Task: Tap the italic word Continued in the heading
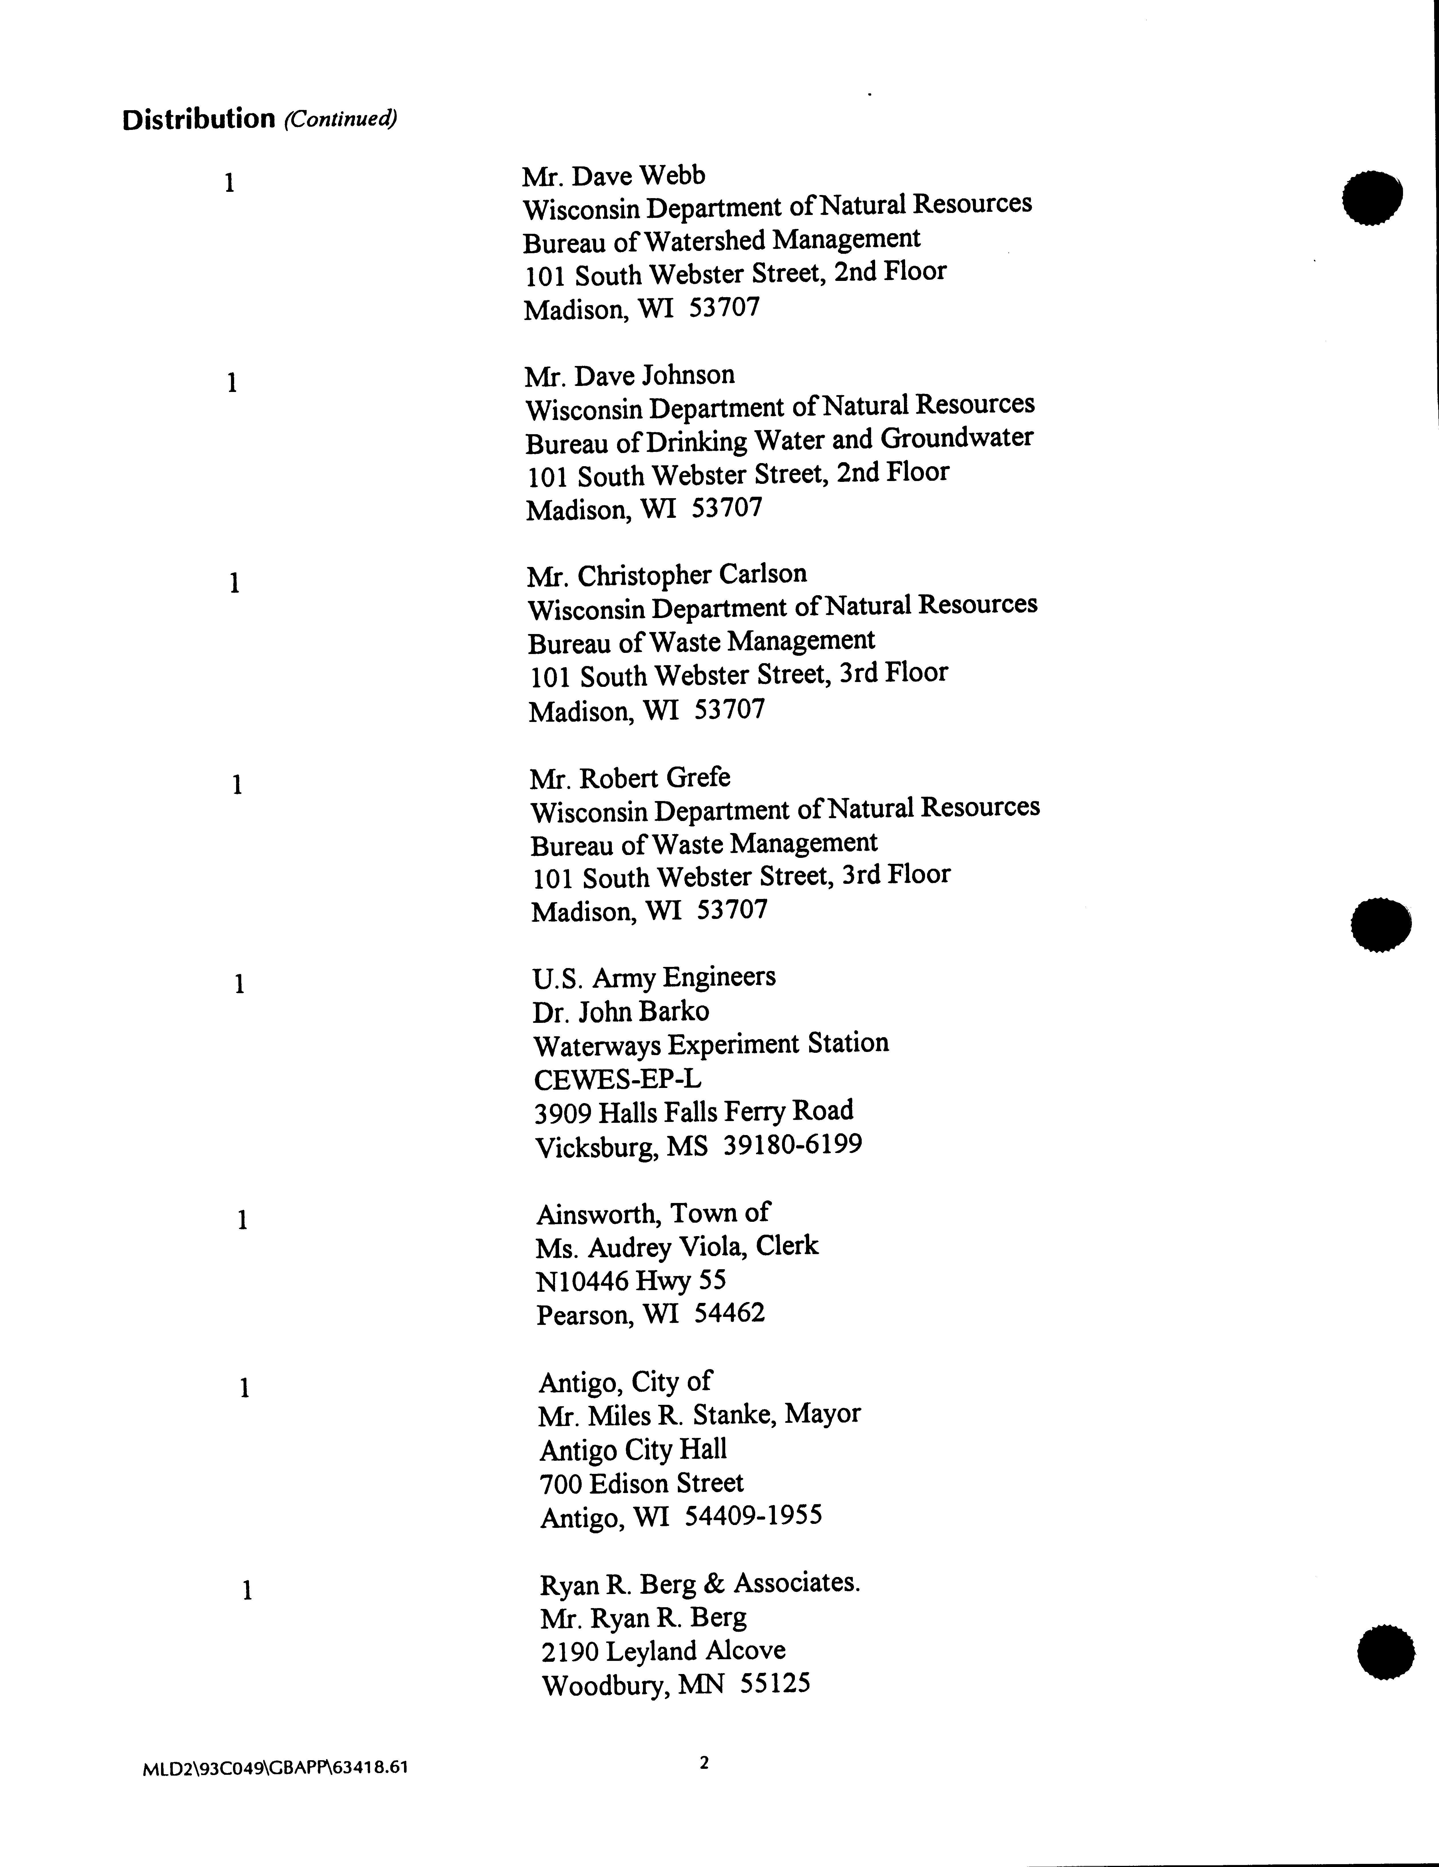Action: tap(340, 119)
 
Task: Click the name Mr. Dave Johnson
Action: tap(630, 375)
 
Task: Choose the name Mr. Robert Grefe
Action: tap(630, 778)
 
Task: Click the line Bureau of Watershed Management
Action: tap(721, 240)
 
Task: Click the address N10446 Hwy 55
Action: tap(631, 1281)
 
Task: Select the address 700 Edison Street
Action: tap(641, 1482)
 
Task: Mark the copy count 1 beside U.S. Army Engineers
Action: tap(240, 985)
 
